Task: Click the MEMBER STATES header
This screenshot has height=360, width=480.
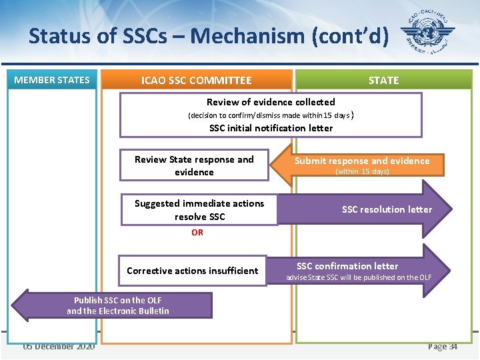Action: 52,80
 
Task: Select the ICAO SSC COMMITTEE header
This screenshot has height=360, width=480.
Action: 196,81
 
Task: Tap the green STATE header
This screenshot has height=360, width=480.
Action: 383,81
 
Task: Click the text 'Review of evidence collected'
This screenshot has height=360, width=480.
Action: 271,102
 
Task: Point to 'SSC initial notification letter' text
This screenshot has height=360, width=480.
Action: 271,128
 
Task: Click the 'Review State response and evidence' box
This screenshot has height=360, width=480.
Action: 194,165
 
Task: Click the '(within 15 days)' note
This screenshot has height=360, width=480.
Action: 362,172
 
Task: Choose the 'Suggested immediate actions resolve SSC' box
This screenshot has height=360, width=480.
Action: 199,210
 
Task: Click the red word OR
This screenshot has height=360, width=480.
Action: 197,233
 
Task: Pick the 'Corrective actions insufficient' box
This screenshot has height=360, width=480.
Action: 192,271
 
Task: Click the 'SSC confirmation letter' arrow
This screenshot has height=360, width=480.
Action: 357,266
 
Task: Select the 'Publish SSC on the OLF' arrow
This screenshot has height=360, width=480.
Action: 117,305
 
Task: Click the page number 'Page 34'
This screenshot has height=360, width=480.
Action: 443,347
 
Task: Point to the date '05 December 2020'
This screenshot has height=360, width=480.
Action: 59,347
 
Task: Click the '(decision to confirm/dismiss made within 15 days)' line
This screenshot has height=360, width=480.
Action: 269,115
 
